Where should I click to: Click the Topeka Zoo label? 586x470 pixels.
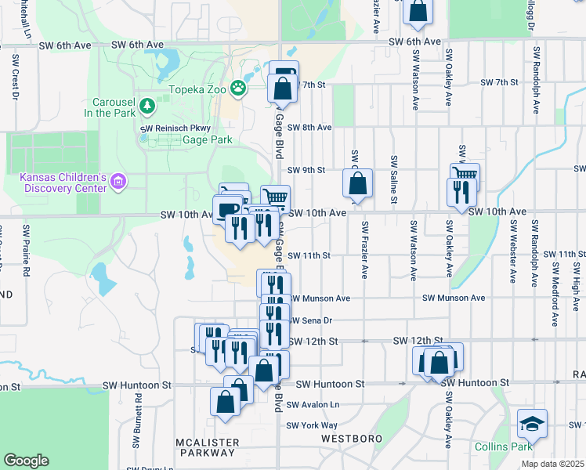click(x=197, y=90)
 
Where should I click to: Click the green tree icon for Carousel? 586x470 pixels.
click(x=146, y=105)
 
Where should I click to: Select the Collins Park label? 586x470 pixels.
click(x=502, y=446)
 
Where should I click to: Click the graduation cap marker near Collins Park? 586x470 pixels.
click(x=532, y=426)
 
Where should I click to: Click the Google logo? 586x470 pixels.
click(x=26, y=460)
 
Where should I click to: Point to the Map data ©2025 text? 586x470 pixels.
click(x=553, y=464)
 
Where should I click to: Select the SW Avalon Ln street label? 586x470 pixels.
click(x=313, y=405)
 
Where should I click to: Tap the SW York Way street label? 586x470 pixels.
click(x=311, y=425)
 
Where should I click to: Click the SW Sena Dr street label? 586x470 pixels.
click(x=311, y=320)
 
